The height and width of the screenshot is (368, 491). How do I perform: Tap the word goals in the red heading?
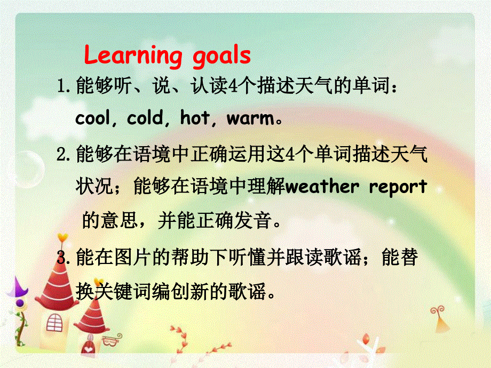pos(220,56)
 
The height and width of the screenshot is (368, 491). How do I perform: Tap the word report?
pos(395,188)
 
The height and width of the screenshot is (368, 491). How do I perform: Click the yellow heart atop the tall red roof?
pos(62,236)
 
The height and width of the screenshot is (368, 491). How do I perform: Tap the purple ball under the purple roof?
pos(19,303)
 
